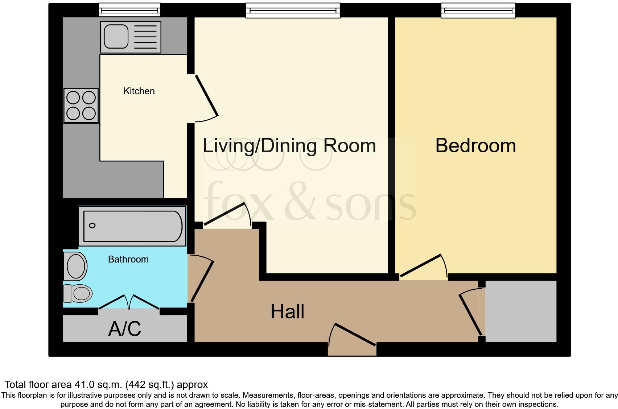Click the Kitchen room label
(139, 91)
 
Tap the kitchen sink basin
(116, 36)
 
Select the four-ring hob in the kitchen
(81, 105)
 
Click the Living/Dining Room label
(289, 146)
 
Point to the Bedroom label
(475, 146)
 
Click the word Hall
(287, 311)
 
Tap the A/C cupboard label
(124, 329)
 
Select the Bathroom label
(128, 259)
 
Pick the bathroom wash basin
(75, 267)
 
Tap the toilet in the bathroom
(78, 293)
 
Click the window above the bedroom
(478, 11)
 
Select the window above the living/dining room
(293, 11)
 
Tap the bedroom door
(421, 267)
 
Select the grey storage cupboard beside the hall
(521, 311)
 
